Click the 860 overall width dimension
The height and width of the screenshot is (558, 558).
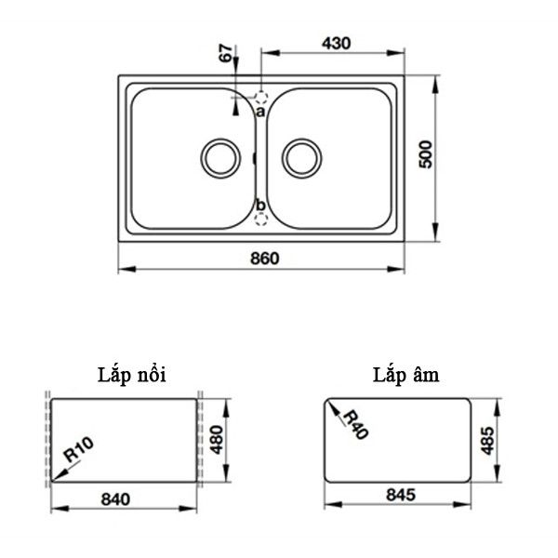(x=264, y=258)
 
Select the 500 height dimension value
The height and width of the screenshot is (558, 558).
(x=425, y=154)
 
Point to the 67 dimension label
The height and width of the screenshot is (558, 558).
(x=226, y=53)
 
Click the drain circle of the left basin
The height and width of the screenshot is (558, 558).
(x=220, y=156)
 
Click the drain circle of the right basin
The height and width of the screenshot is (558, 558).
(x=301, y=156)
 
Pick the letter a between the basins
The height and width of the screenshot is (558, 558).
(x=260, y=111)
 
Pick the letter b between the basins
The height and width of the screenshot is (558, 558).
(x=260, y=205)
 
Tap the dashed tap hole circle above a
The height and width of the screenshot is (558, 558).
(x=261, y=97)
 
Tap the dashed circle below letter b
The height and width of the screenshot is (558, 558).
(x=261, y=219)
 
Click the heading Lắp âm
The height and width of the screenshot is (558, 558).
(x=402, y=375)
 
